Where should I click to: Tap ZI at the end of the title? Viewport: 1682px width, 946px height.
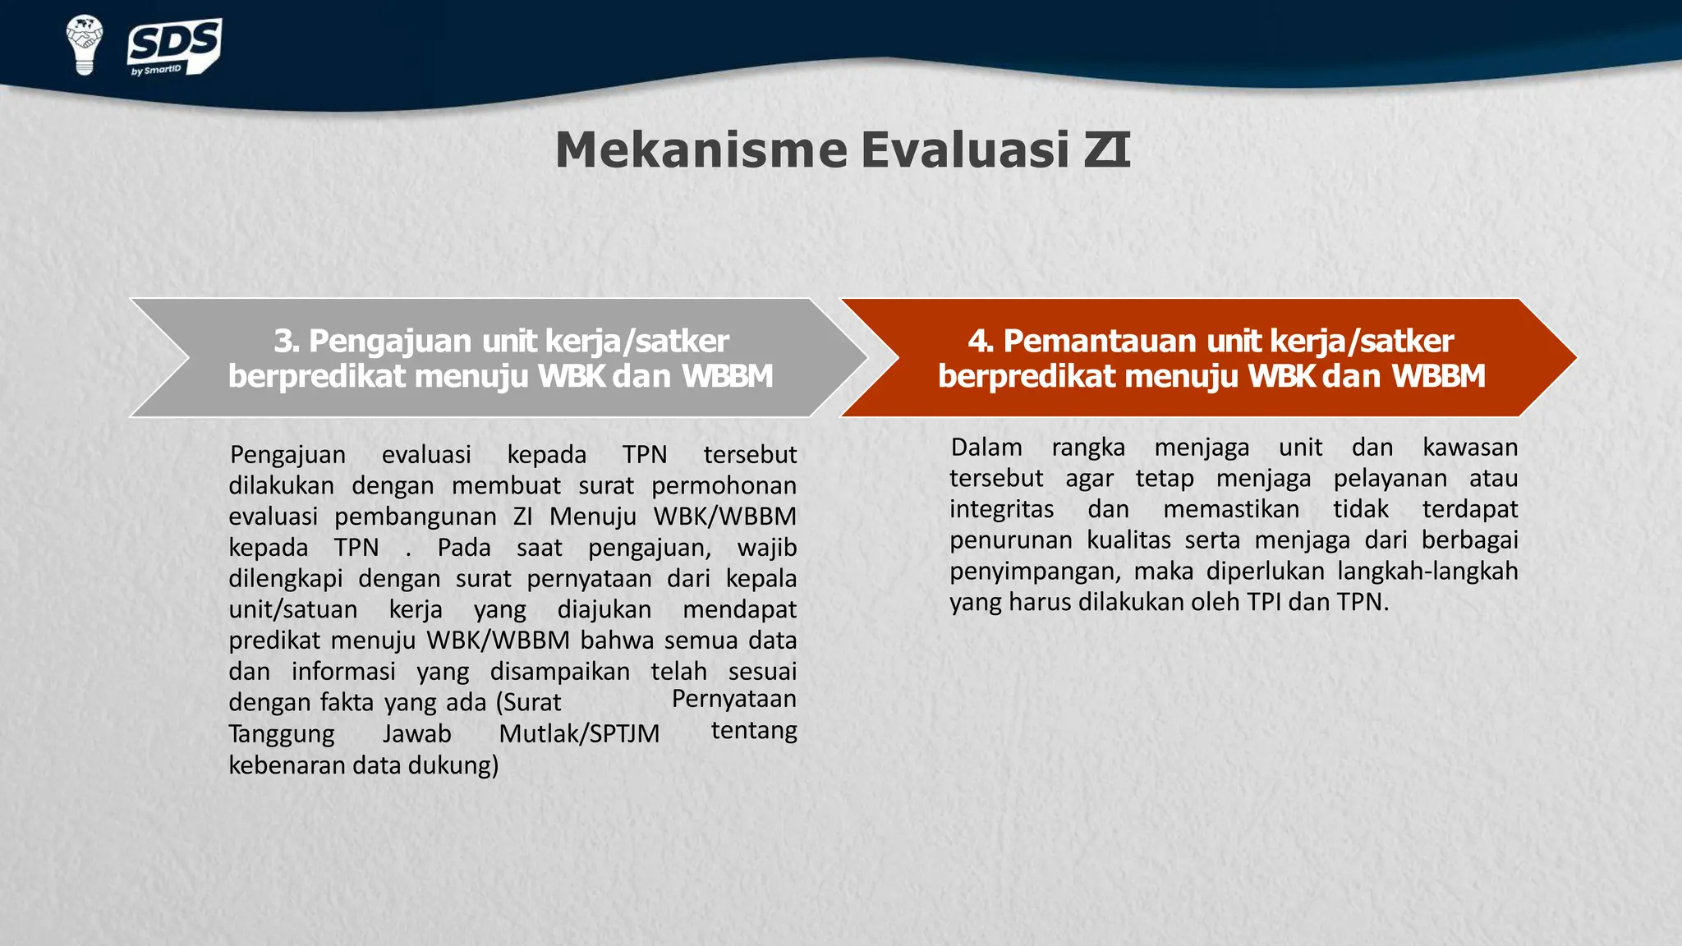click(1107, 150)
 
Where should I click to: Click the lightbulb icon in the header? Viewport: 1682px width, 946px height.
click(84, 44)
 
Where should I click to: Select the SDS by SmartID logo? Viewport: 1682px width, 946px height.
click(174, 48)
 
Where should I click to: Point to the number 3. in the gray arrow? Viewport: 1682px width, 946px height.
click(287, 341)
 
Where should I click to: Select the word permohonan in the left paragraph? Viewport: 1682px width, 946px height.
click(724, 486)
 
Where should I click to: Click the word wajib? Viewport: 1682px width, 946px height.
click(767, 548)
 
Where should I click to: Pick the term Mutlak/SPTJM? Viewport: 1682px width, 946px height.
click(579, 734)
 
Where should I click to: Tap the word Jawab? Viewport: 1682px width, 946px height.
click(416, 734)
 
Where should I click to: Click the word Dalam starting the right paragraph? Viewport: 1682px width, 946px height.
click(986, 448)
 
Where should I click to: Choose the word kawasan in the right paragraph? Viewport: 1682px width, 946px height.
click(1470, 448)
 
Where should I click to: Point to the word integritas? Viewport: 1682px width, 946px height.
click(1001, 510)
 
